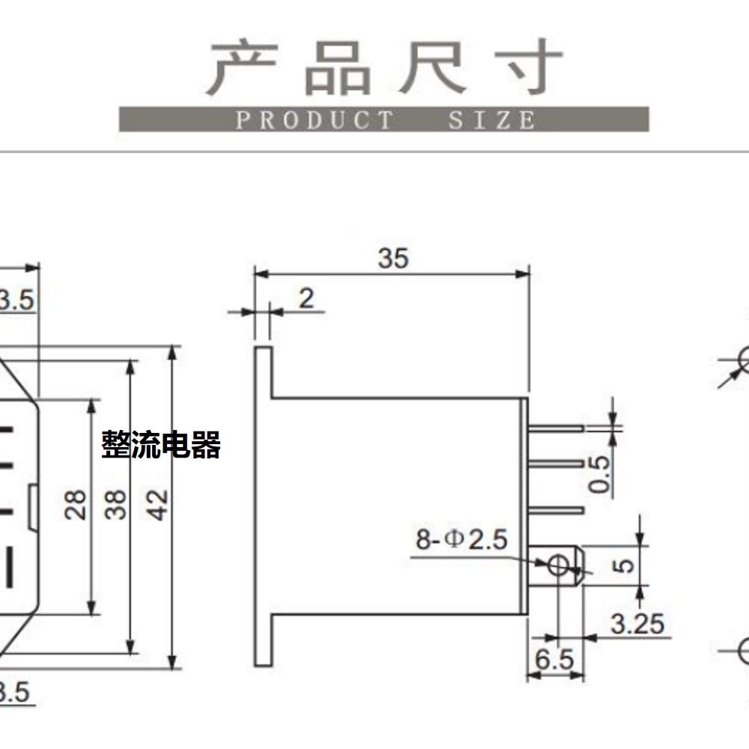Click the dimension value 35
[393, 258]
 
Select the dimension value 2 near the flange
[306, 299]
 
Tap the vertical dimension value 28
[76, 504]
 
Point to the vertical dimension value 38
[115, 504]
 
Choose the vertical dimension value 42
[157, 504]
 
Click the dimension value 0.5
[599, 473]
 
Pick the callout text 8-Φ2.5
[461, 539]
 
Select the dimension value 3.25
[637, 624]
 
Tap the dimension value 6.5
[554, 660]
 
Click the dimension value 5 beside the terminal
[623, 565]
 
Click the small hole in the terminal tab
[558, 565]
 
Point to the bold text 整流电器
[161, 445]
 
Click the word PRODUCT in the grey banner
[315, 120]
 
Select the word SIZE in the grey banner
[491, 120]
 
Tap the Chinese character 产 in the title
[243, 67]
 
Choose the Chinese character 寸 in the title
[530, 67]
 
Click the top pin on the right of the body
[556, 428]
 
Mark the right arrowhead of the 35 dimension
[523, 274]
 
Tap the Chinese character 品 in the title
[339, 68]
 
